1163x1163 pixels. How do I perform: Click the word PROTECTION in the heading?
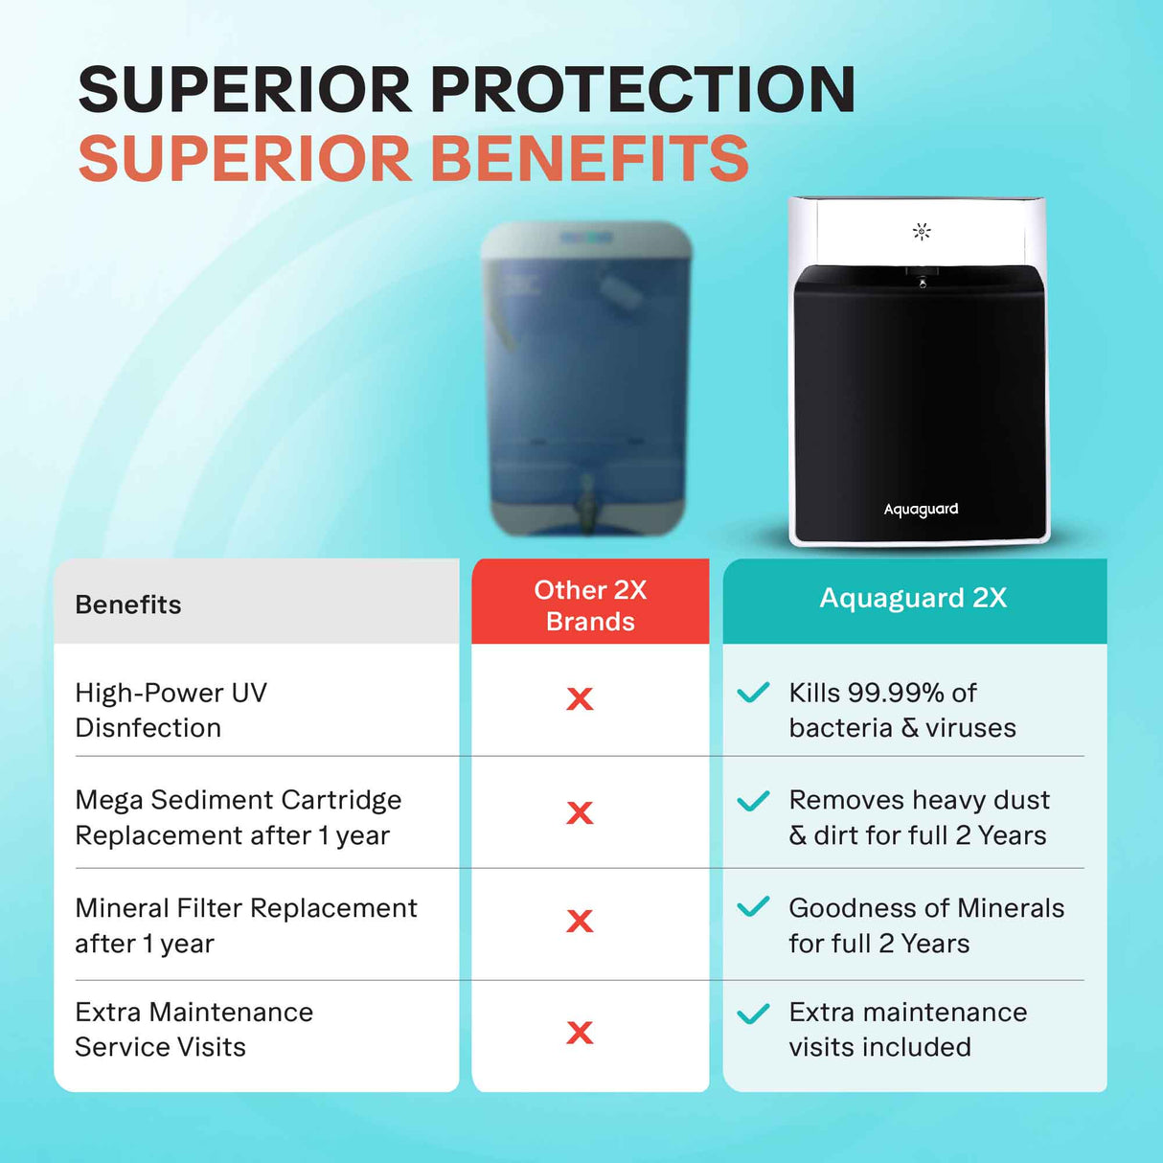coord(643,90)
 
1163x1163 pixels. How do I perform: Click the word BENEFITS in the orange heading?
coord(589,159)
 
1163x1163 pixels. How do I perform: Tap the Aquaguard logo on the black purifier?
coord(921,509)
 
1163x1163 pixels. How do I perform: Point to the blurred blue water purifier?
coord(586,378)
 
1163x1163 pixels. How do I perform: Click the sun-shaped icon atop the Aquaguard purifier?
coord(922,231)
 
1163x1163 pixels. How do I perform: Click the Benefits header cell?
coord(128,604)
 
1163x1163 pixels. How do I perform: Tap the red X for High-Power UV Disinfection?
coord(580,698)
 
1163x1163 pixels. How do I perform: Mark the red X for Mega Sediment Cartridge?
coord(580,812)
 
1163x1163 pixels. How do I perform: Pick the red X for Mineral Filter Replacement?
coord(580,921)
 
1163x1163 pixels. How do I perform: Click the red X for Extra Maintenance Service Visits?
coord(580,1032)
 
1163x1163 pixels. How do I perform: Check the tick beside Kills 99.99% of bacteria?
coord(753,692)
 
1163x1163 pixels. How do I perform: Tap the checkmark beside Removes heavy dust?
coord(753,800)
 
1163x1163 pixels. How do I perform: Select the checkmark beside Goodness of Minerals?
coord(753,906)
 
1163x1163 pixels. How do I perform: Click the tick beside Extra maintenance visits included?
coord(753,1013)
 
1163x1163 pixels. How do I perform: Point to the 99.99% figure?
coord(897,693)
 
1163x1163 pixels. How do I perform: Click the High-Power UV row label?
coord(171,710)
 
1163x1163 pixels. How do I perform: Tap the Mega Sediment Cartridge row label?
coord(238,817)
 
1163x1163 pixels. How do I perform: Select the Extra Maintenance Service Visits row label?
coord(194,1029)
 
